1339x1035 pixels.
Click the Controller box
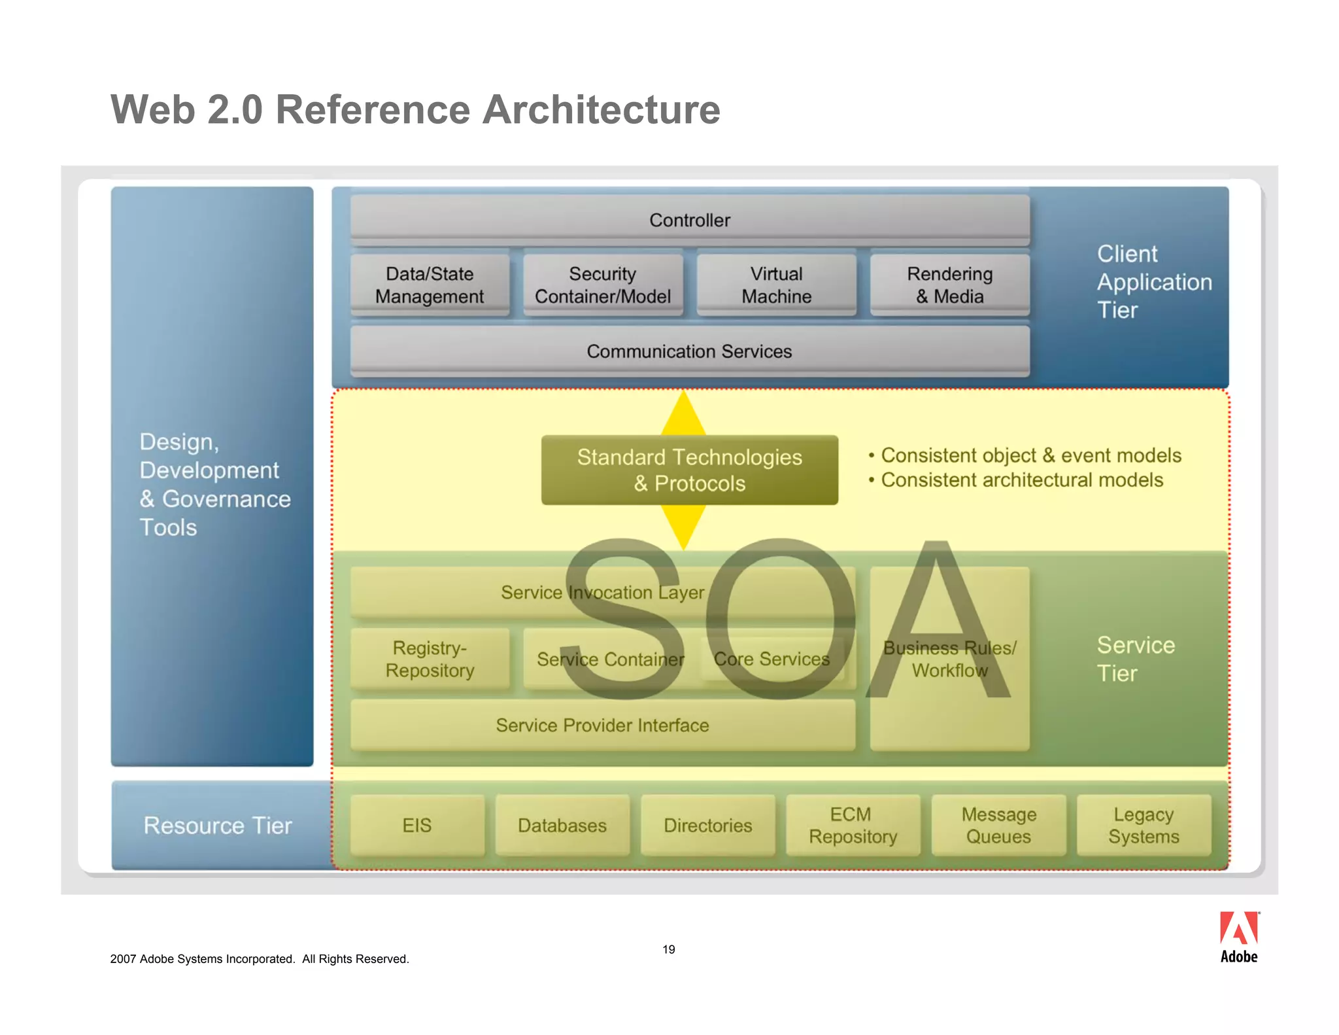[x=690, y=220]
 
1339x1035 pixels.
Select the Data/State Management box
[x=430, y=285]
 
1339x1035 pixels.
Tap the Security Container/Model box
[x=603, y=285]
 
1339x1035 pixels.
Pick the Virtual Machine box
[x=776, y=285]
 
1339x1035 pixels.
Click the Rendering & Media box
[x=949, y=285]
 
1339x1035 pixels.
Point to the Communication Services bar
[x=690, y=351]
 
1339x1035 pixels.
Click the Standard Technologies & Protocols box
[x=690, y=470]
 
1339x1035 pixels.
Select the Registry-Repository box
[x=430, y=659]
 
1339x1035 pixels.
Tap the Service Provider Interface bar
[x=602, y=725]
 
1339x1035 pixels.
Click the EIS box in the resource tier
[x=417, y=825]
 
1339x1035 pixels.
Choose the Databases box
[x=562, y=825]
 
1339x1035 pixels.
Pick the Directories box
[x=708, y=825]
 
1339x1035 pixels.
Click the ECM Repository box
[x=853, y=825]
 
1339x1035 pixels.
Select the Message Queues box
[x=998, y=825]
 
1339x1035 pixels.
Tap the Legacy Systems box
[x=1144, y=825]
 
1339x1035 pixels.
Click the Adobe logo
[x=1238, y=937]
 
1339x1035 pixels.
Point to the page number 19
[x=668, y=949]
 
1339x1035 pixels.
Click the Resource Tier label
[x=218, y=825]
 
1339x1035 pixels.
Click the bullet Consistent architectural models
[x=1021, y=480]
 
